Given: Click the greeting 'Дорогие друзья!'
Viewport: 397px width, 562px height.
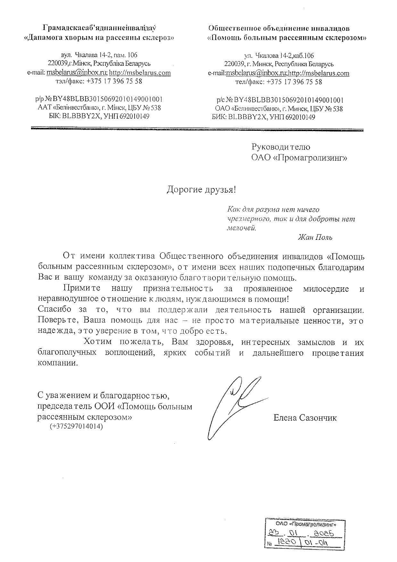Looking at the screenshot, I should (201, 190).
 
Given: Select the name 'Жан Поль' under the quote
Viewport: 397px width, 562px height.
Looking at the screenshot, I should (315, 237).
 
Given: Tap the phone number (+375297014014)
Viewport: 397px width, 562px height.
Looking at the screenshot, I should (76, 427).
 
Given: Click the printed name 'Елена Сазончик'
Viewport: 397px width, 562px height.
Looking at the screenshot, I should (305, 418).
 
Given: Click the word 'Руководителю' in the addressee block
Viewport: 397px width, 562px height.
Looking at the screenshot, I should (281, 147).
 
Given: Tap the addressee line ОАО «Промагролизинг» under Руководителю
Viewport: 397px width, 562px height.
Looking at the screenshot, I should (299, 158).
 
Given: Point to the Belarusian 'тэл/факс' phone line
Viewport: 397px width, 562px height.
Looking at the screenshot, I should (99, 81).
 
